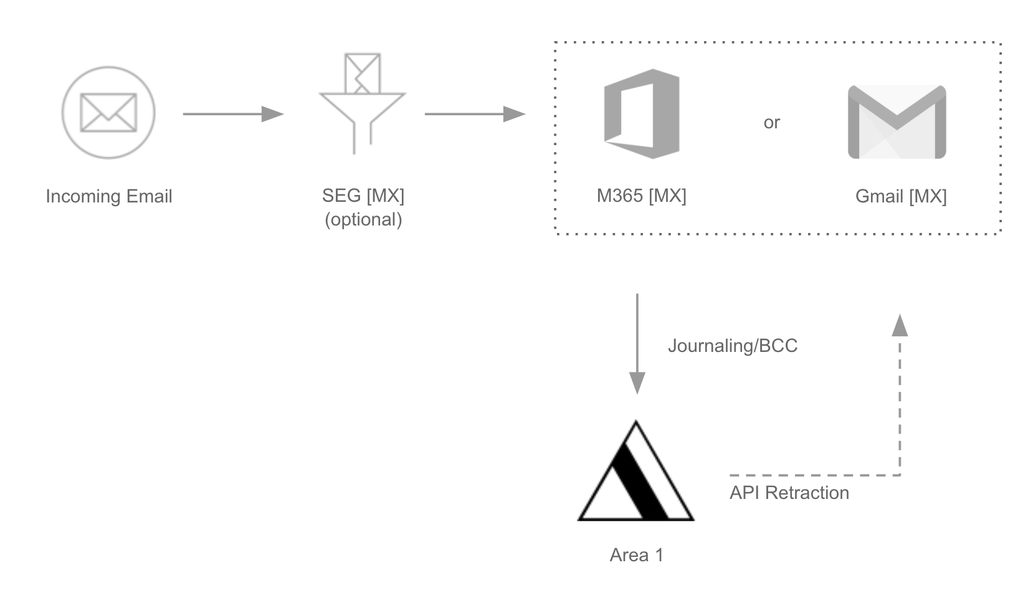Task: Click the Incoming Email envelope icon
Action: click(108, 113)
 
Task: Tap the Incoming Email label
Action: click(109, 196)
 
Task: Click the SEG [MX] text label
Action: click(363, 196)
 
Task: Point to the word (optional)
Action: click(363, 219)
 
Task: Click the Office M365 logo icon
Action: click(641, 114)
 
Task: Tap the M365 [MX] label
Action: click(641, 196)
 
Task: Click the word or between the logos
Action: click(771, 123)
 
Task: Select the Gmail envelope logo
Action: click(897, 122)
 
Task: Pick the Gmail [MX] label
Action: click(901, 197)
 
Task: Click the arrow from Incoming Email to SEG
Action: click(233, 114)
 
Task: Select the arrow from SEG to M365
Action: click(475, 114)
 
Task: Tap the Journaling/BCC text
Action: click(733, 346)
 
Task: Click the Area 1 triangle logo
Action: click(635, 473)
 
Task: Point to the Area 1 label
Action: click(636, 555)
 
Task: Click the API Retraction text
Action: click(789, 493)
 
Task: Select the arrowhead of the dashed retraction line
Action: click(900, 325)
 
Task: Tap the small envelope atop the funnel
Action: click(363, 74)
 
